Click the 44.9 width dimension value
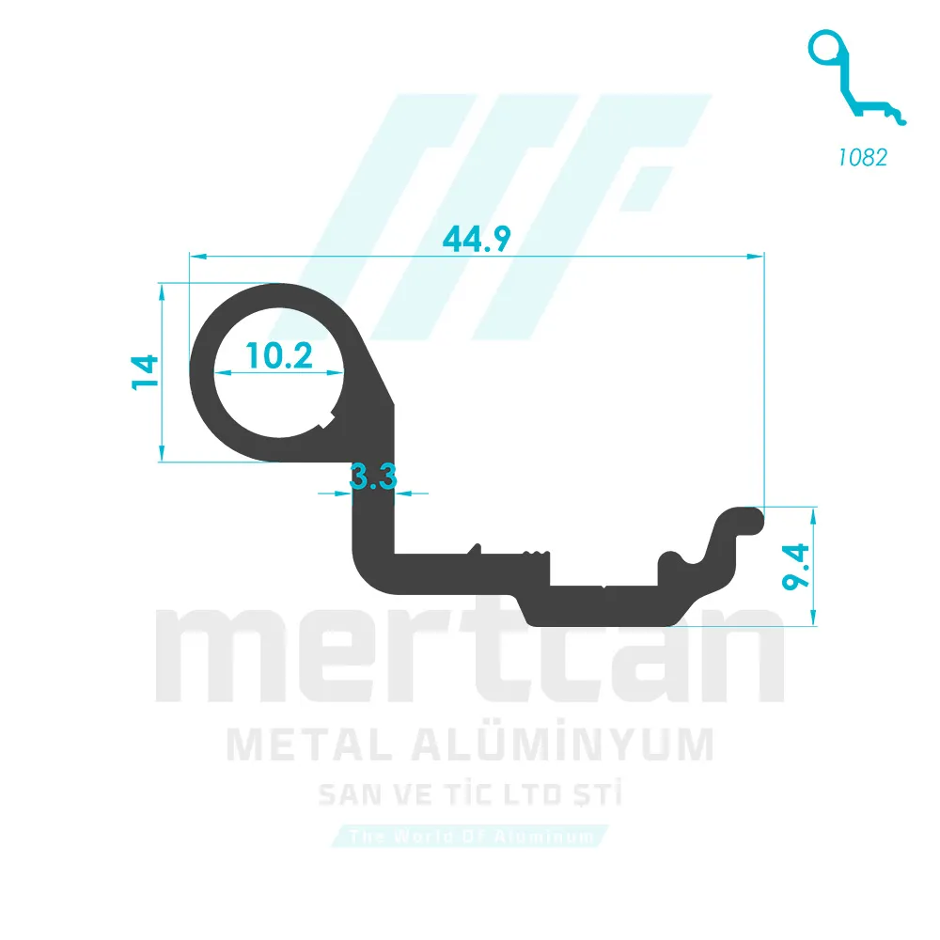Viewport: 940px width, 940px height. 477,240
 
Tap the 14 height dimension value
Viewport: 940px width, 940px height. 144,373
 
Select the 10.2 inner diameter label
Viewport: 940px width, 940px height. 279,355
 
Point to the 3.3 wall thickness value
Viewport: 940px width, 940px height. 373,478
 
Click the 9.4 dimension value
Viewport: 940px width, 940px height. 798,566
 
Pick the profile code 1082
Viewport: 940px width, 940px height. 862,157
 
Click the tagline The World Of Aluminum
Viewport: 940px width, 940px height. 470,836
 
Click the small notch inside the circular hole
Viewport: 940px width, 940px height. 328,418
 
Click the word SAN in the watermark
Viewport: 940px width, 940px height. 349,796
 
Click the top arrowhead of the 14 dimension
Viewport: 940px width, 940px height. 163,291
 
